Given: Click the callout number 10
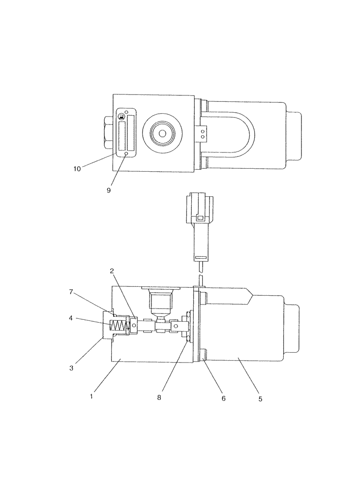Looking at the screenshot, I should tap(77, 169).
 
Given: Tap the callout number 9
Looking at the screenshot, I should tap(110, 189).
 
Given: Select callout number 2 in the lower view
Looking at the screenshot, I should tap(112, 271).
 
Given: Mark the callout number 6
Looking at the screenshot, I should tap(223, 399).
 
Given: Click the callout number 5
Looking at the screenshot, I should tap(261, 399).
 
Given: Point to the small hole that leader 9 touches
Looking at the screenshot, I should tap(126, 154).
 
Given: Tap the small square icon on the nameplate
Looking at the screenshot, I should tap(120, 117).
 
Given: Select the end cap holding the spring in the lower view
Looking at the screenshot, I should tap(108, 325).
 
